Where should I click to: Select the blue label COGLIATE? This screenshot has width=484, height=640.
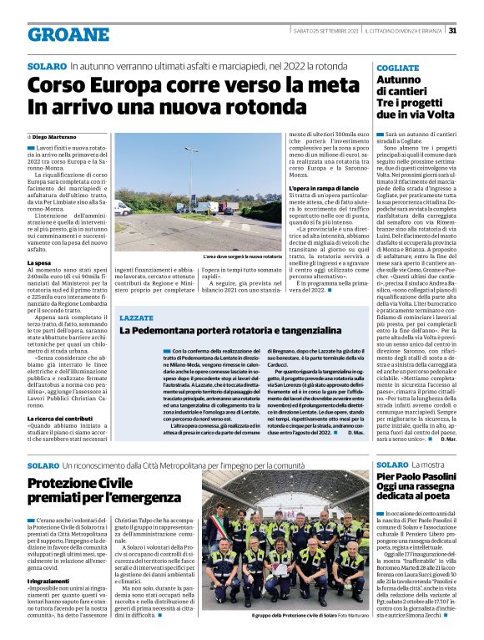(x=398, y=66)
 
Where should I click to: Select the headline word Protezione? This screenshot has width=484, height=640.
(x=63, y=484)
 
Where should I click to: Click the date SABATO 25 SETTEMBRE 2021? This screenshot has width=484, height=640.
(x=326, y=31)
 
